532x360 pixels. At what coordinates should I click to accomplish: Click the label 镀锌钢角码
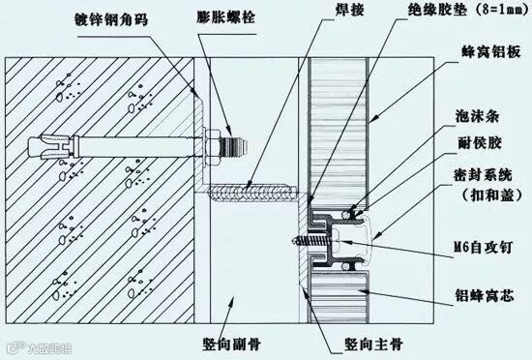coord(111,19)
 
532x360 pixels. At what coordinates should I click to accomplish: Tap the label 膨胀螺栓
coord(225,17)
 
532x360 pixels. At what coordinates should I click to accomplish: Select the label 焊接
coord(349,10)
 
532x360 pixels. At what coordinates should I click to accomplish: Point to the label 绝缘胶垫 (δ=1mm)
coord(469,10)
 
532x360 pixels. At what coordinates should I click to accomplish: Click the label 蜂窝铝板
coord(491,52)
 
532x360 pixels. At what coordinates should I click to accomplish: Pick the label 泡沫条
coord(477,116)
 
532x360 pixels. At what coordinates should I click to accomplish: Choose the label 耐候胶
coord(480,143)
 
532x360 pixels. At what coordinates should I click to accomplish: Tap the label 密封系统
coord(483,175)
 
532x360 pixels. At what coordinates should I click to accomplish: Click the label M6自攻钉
coord(484,248)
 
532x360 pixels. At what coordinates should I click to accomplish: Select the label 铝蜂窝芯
coord(485,295)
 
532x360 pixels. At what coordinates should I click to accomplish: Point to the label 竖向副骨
coord(232,345)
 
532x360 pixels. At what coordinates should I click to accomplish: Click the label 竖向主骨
coord(373,345)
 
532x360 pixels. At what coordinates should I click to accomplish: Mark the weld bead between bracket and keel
coord(251,195)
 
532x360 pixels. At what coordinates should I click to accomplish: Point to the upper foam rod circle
coord(346,215)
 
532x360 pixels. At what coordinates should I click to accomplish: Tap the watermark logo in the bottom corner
coord(40,348)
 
